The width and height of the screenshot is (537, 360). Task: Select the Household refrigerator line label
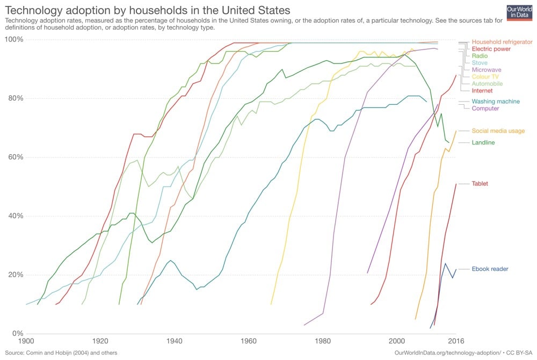[x=502, y=42]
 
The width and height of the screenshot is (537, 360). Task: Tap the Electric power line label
[x=491, y=49]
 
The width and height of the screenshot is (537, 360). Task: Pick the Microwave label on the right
[x=487, y=70]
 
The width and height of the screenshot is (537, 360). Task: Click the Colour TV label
[x=485, y=77]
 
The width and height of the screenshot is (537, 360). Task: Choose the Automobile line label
[x=487, y=84]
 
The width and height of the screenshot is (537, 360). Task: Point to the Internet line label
[x=482, y=91]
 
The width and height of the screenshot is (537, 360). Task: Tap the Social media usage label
[x=498, y=131]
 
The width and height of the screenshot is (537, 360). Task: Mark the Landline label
[x=483, y=142]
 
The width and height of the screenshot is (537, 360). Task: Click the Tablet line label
[x=480, y=184]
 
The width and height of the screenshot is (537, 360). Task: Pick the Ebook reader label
[x=490, y=269]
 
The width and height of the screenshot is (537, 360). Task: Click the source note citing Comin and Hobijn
[x=60, y=353]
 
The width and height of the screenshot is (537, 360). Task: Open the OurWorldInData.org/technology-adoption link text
[x=447, y=353]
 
